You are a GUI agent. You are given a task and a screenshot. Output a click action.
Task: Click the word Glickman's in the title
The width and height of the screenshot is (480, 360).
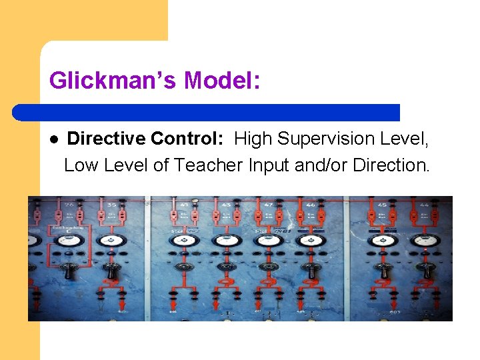coord(113,81)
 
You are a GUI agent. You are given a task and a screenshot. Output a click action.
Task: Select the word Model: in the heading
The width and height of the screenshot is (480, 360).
coord(222,81)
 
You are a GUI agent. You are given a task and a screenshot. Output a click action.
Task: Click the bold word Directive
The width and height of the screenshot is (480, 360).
coord(106,139)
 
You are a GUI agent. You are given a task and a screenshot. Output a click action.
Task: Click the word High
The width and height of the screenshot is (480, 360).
coord(253,139)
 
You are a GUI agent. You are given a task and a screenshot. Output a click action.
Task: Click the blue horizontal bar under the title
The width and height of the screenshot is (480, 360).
coord(207,113)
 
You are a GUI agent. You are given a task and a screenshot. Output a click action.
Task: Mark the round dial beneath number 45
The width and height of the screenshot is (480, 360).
coord(383,240)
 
